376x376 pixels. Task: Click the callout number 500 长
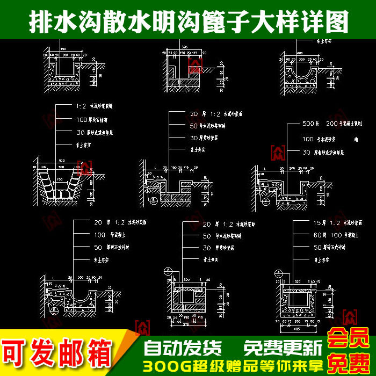[309, 124]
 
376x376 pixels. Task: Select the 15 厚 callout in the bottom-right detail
[319, 222]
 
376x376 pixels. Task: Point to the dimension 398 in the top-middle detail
[184, 48]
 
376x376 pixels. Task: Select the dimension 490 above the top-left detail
[63, 48]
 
